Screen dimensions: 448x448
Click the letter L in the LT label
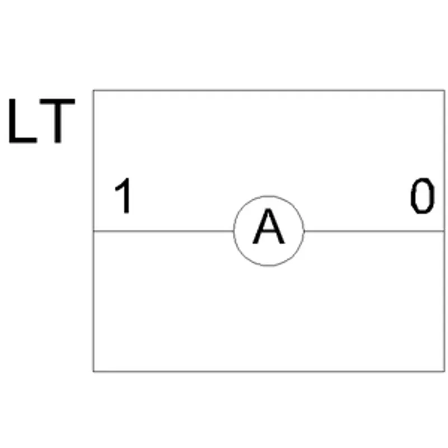pyautogui.click(x=23, y=121)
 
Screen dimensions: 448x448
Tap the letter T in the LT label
pyautogui.click(x=58, y=121)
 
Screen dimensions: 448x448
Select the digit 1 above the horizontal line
pyautogui.click(x=123, y=195)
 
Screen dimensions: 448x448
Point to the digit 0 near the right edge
pyautogui.click(x=423, y=195)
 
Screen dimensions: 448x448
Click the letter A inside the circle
pyautogui.click(x=269, y=226)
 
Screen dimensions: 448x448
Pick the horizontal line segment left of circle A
pyautogui.click(x=164, y=231)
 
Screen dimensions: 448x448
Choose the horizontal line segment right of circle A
pyautogui.click(x=374, y=231)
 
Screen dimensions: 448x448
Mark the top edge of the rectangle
pyautogui.click(x=269, y=91)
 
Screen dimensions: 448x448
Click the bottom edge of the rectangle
pyautogui.click(x=269, y=371)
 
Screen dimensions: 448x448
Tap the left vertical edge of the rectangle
pyautogui.click(x=94, y=231)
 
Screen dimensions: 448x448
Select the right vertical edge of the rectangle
pyautogui.click(x=444, y=231)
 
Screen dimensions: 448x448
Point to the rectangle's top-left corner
pyautogui.click(x=94, y=91)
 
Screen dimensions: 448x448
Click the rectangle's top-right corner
pyautogui.click(x=444, y=91)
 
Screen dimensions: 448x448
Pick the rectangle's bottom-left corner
pyautogui.click(x=94, y=371)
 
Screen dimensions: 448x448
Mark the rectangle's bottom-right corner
pyautogui.click(x=444, y=371)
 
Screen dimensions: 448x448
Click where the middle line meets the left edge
pyautogui.click(x=94, y=231)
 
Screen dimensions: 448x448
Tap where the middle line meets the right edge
pyautogui.click(x=444, y=231)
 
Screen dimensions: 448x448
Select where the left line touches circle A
pyautogui.click(x=234, y=231)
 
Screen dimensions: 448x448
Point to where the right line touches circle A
pyautogui.click(x=304, y=231)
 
